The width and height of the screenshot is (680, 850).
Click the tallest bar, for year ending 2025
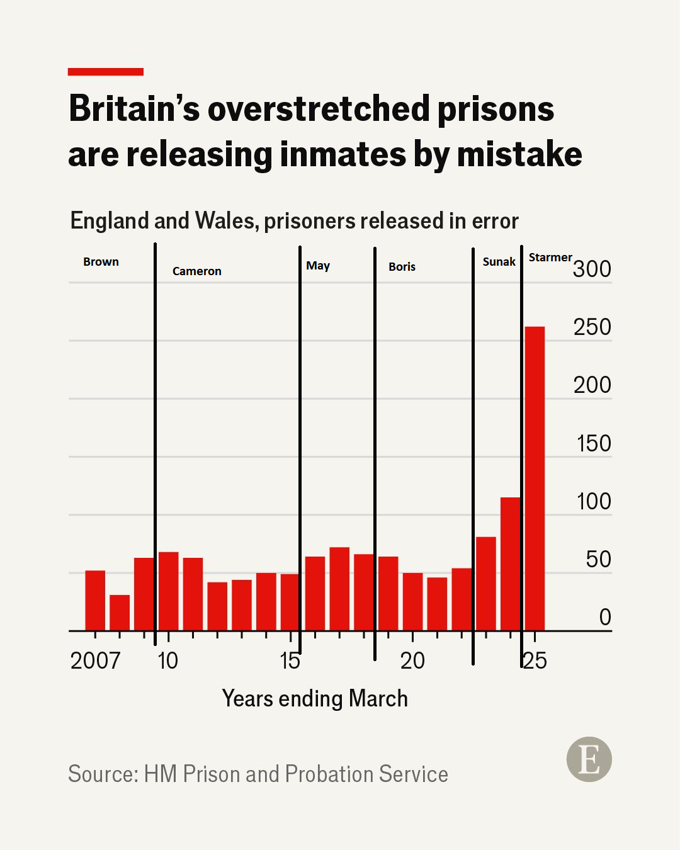click(x=535, y=479)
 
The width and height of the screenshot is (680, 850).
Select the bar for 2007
click(x=95, y=600)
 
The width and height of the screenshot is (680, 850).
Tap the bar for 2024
click(x=510, y=564)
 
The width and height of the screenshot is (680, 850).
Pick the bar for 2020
click(x=412, y=601)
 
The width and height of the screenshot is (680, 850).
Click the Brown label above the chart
click(x=101, y=262)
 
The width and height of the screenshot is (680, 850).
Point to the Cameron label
click(x=196, y=271)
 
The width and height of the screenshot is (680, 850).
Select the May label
click(x=318, y=266)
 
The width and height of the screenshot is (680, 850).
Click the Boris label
click(x=402, y=267)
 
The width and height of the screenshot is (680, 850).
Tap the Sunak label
click(x=499, y=262)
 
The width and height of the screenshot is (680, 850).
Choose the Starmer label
click(x=550, y=258)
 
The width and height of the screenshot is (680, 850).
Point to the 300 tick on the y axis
click(x=592, y=269)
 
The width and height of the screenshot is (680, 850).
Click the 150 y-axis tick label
click(x=594, y=444)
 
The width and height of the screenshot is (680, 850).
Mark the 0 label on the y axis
click(x=605, y=618)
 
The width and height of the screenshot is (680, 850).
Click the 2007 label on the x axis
click(x=95, y=660)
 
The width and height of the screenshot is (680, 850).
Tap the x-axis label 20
click(x=412, y=660)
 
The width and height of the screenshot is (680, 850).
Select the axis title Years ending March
click(x=315, y=699)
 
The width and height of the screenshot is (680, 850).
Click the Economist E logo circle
click(x=589, y=759)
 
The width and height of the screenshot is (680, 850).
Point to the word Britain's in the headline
click(x=134, y=108)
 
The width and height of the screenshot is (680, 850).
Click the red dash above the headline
click(x=106, y=72)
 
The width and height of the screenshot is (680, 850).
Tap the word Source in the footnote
click(x=102, y=774)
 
